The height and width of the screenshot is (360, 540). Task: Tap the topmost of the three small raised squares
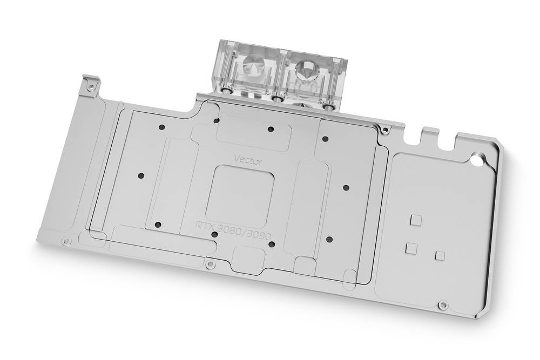(415, 219)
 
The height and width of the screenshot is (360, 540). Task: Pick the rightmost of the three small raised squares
(440, 254)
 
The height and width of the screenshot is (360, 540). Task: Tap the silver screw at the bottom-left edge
(65, 240)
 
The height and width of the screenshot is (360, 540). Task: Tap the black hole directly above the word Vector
(270, 128)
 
